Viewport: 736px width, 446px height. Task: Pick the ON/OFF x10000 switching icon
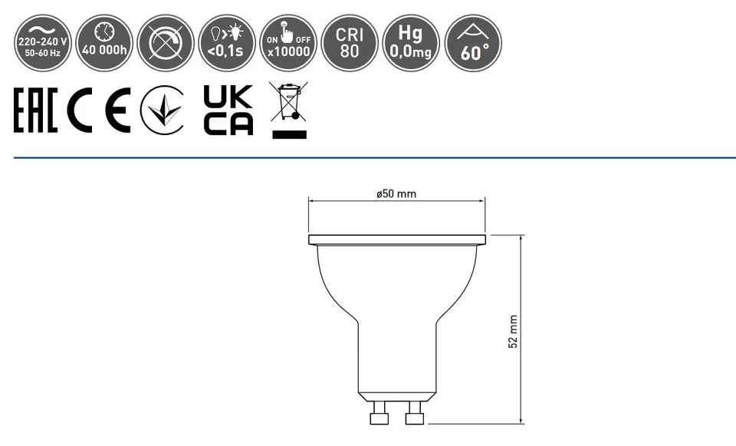287,43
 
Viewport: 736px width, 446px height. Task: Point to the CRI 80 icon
350,43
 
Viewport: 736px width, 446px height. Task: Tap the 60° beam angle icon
473,43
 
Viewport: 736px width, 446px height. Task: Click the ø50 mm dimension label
396,193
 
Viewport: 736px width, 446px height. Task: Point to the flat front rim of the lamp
396,240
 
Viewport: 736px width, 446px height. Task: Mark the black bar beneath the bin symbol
289,134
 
